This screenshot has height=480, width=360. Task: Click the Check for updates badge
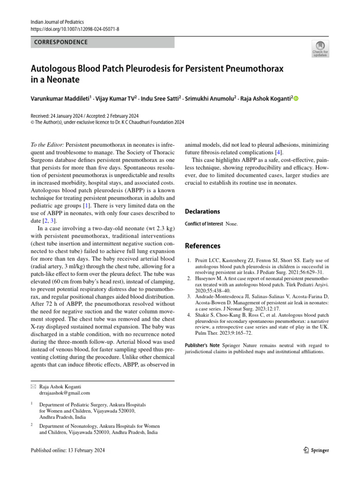[320, 48]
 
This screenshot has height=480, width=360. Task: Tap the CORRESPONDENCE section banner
[102, 42]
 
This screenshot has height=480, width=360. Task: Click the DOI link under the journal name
[75, 29]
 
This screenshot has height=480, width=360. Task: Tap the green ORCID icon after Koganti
[296, 98]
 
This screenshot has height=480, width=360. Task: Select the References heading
[202, 246]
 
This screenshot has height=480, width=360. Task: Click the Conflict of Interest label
[204, 224]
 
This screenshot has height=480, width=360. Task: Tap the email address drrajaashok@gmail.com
[64, 393]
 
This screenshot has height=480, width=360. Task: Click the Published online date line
[67, 450]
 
